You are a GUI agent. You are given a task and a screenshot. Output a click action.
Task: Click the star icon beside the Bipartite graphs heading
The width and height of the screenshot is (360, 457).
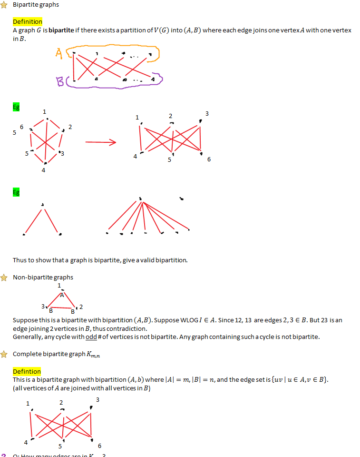click(4, 4)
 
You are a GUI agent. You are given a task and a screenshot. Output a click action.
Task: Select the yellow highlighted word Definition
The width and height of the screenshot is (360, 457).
click(27, 22)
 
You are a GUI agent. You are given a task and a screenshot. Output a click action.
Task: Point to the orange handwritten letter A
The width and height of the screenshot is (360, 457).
click(58, 54)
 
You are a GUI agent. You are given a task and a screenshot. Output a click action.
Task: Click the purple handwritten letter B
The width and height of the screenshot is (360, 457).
click(60, 83)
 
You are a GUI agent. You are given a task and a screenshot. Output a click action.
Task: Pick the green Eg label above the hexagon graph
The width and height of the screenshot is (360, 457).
click(16, 107)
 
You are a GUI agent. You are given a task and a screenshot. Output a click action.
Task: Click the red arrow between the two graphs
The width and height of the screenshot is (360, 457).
click(100, 142)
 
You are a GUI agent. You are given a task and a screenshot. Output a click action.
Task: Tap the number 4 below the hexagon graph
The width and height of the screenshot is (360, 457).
click(43, 170)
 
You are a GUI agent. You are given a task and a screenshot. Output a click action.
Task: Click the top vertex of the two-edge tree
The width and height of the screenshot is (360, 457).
click(43, 205)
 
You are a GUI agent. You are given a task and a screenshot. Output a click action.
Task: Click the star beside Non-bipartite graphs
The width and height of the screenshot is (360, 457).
click(4, 277)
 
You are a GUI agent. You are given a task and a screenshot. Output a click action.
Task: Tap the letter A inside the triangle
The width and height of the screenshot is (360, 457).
click(61, 295)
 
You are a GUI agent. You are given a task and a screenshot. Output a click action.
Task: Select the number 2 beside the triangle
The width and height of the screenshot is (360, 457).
click(81, 307)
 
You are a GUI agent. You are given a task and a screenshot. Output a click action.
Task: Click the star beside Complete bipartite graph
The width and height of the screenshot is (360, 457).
click(4, 354)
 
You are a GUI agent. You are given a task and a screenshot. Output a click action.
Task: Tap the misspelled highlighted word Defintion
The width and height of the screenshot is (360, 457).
click(27, 371)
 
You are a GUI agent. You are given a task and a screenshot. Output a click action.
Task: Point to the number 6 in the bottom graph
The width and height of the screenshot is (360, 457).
click(99, 446)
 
